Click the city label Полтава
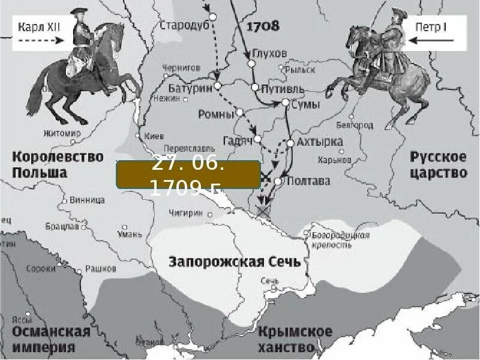[308, 181]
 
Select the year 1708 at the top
[263, 26]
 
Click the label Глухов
[269, 53]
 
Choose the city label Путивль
[283, 89]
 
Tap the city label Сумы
[306, 104]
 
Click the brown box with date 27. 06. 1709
[188, 176]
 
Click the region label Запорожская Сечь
[235, 262]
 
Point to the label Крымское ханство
[295, 339]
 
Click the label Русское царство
[438, 165]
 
